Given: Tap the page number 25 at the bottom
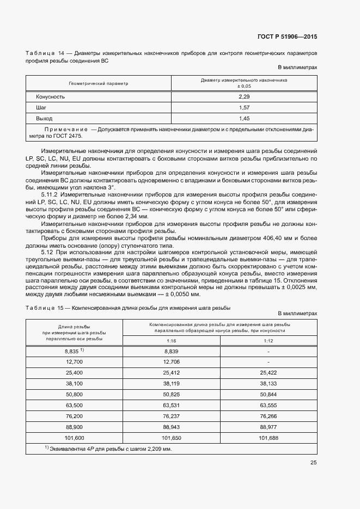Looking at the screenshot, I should coord(313,463).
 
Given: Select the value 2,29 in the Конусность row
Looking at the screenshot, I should coord(244,96).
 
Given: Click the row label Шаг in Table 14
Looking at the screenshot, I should coord(40,107).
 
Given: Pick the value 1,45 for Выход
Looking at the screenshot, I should coord(244,118).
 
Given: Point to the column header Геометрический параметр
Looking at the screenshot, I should coord(99,84).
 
